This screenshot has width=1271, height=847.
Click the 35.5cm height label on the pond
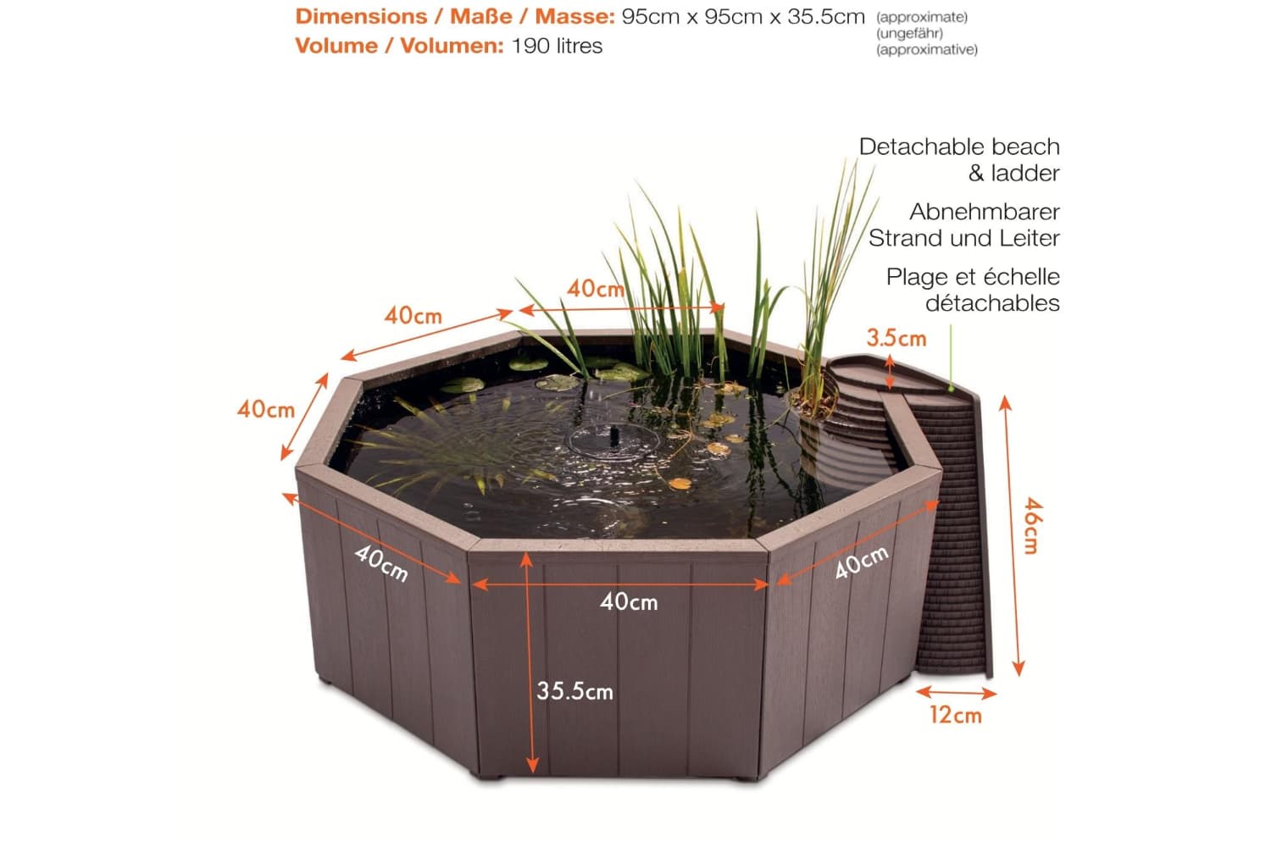tap(574, 691)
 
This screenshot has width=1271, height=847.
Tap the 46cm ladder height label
tap(1032, 526)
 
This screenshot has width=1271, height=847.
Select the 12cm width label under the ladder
tap(956, 716)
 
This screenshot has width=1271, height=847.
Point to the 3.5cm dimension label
tap(896, 338)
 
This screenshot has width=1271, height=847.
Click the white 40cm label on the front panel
tap(629, 602)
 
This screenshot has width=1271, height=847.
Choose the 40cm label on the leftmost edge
tap(265, 409)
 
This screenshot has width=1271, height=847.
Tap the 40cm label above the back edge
tap(596, 289)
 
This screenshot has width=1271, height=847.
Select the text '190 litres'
tap(557, 46)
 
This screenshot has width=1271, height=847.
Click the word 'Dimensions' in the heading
tap(361, 16)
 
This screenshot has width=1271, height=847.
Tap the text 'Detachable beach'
tap(959, 147)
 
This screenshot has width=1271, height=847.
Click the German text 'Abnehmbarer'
tap(985, 213)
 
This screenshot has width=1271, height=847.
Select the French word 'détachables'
tap(992, 303)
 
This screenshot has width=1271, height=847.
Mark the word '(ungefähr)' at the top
tap(909, 34)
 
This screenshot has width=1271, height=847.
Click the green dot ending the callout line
tap(951, 389)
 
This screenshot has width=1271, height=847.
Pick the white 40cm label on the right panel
tap(862, 562)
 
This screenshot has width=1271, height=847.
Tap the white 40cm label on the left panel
tap(381, 563)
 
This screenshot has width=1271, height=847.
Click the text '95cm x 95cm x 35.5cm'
tap(743, 17)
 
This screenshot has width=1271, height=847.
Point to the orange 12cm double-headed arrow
tap(956, 692)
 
